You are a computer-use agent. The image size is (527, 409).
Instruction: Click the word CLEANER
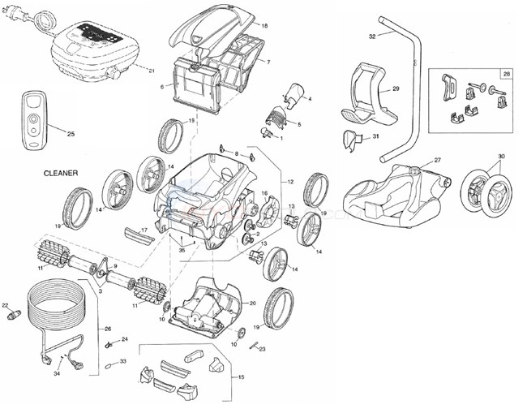tap(61, 174)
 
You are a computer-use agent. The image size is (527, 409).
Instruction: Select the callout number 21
tap(152, 71)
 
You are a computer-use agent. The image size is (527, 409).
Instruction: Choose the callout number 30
tap(501, 156)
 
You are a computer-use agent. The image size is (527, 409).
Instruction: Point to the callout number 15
tap(240, 378)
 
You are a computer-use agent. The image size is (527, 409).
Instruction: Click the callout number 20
tap(252, 303)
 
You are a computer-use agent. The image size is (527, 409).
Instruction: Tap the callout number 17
tap(144, 230)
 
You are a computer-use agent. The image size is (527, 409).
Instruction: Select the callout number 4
tap(309, 99)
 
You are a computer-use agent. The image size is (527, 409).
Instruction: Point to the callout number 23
tap(262, 348)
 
